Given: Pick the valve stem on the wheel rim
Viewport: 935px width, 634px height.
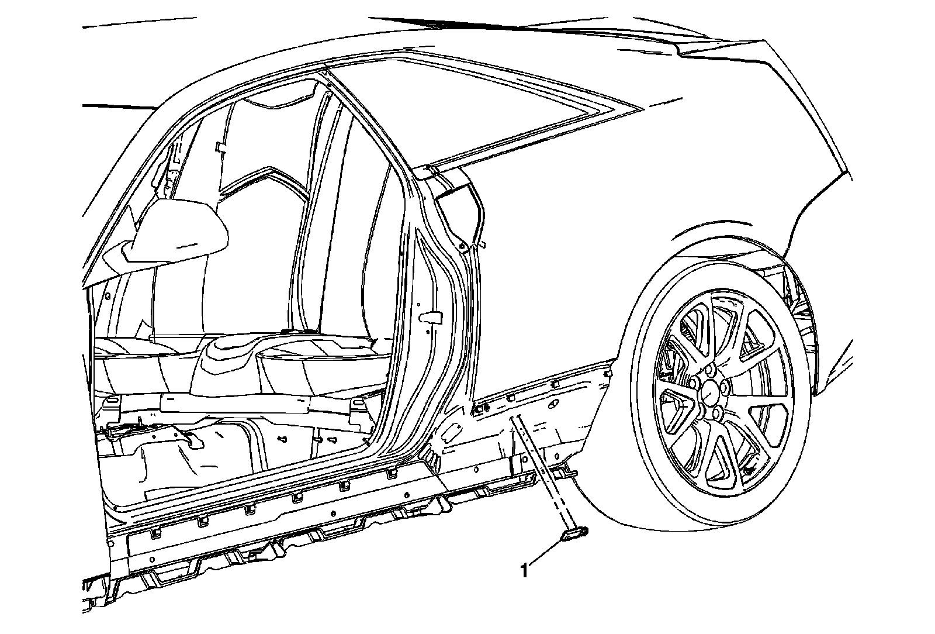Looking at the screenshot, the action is coord(749,470).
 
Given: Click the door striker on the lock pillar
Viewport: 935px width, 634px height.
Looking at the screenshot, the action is coord(433,316).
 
